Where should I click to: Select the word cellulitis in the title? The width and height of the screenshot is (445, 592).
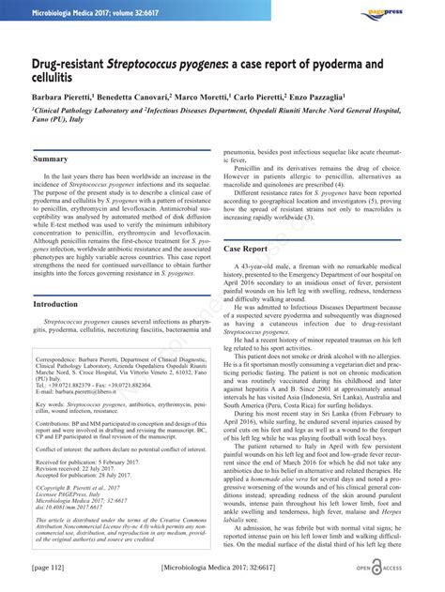[x=55, y=80]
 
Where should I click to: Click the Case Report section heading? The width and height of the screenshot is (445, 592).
[x=247, y=249]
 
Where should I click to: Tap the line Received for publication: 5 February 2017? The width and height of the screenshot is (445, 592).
[x=100, y=463]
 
